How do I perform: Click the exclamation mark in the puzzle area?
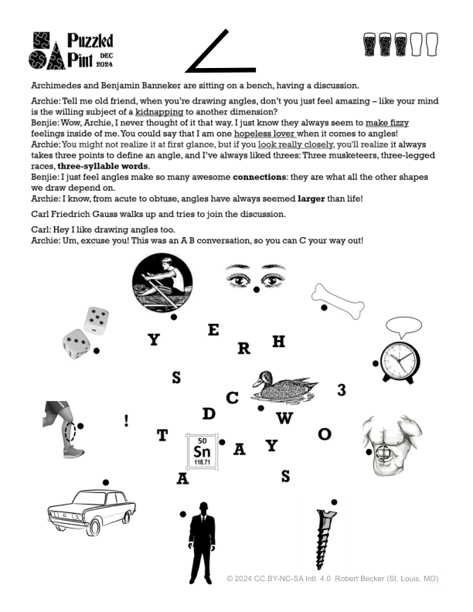(x=126, y=421)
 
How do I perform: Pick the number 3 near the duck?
(x=342, y=391)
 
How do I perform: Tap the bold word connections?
(x=259, y=176)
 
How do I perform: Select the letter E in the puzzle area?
(x=213, y=330)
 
